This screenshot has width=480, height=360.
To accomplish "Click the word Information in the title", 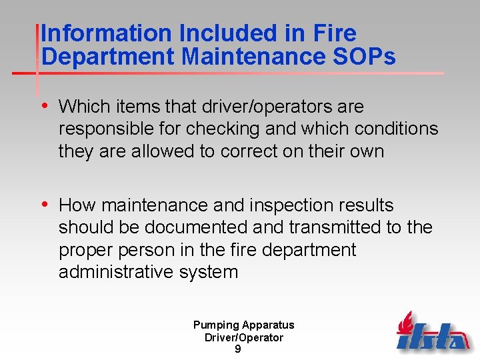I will click(98, 33).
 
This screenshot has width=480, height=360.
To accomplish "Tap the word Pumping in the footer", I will click(216, 325).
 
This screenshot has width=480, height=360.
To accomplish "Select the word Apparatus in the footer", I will click(268, 325).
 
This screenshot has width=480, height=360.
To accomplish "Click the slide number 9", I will click(238, 349).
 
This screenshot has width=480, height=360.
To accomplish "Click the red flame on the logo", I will click(405, 323).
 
